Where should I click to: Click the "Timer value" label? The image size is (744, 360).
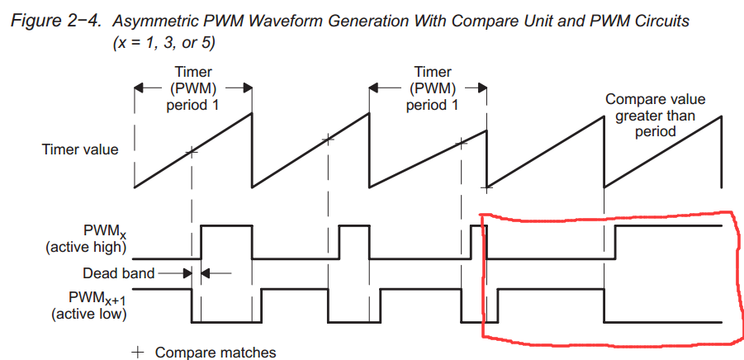pos(80,149)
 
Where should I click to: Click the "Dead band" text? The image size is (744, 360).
pos(115,272)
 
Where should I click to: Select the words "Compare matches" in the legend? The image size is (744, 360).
pos(216,352)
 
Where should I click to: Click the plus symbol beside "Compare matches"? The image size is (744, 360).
pos(139,352)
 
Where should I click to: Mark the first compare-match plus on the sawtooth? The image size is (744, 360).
pos(192,151)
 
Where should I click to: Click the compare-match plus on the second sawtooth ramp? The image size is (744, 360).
pos(328,139)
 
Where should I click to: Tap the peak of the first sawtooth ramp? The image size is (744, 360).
pos(251,112)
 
